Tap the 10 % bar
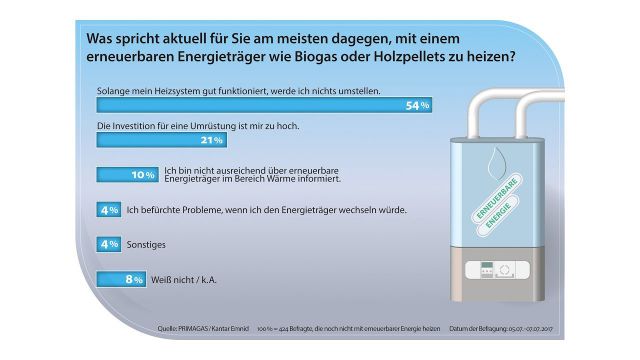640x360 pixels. [127, 175]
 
